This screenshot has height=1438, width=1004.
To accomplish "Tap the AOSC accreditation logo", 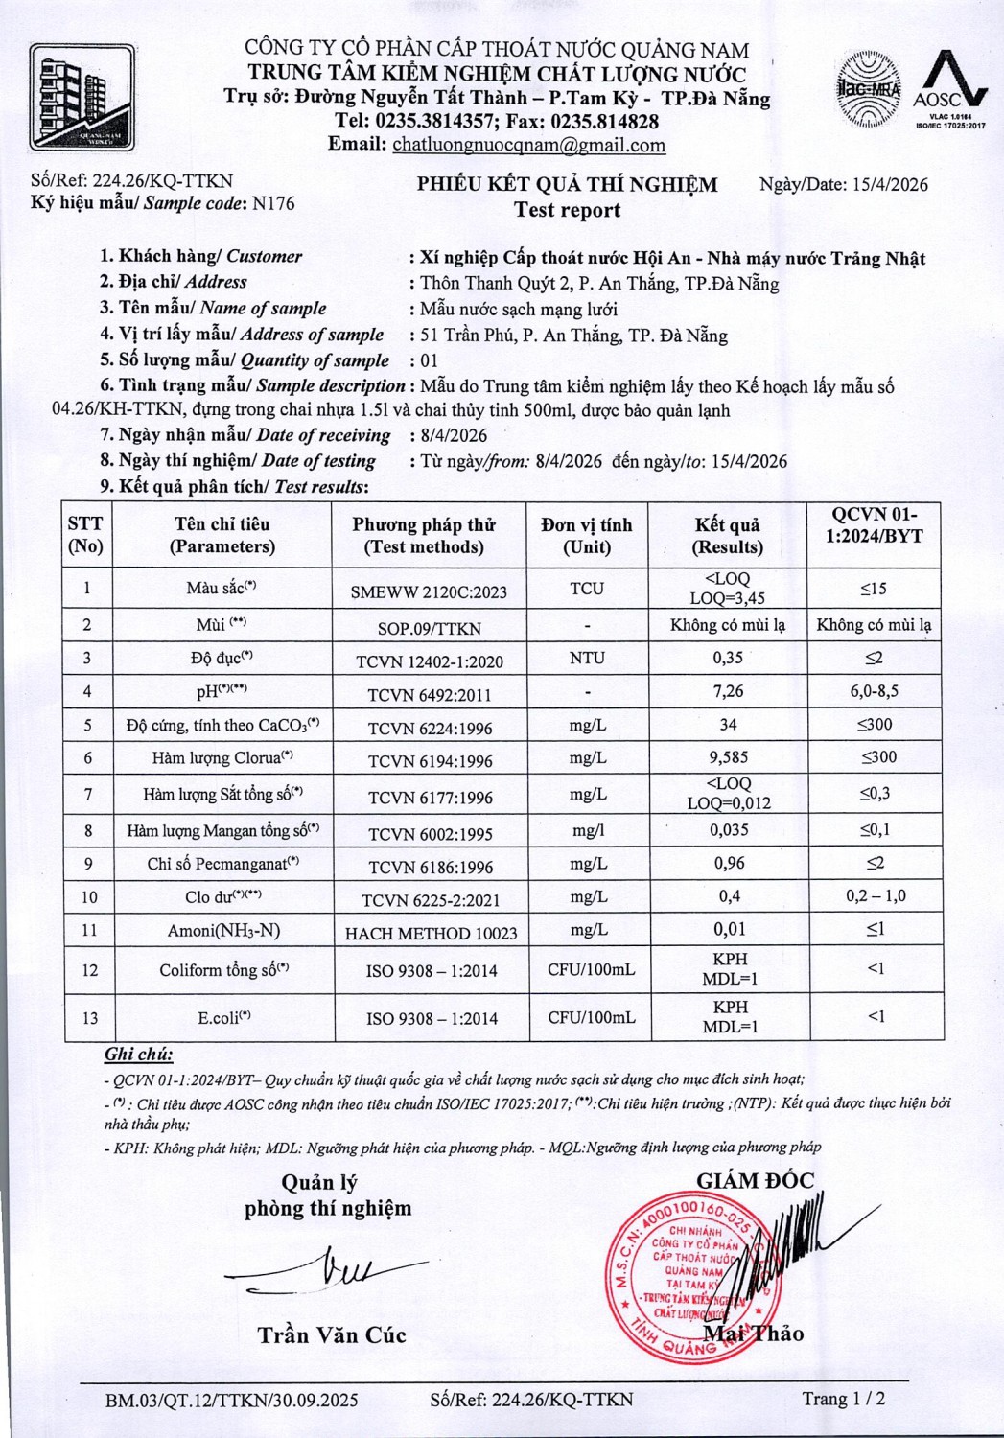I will (x=949, y=89).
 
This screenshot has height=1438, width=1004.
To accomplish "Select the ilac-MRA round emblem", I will (x=868, y=89).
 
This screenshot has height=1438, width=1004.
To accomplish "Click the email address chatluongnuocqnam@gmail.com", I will (x=529, y=146).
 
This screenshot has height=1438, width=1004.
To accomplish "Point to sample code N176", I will (x=272, y=203).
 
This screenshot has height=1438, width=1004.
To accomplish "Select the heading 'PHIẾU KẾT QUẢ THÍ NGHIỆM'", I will (x=567, y=185).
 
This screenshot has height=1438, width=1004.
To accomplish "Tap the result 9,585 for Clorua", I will (x=729, y=757).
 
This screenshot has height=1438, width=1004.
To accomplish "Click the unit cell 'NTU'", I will (x=587, y=659).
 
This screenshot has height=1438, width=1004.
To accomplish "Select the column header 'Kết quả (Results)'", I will (x=728, y=536).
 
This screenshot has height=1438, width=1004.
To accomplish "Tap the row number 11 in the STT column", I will (x=88, y=931).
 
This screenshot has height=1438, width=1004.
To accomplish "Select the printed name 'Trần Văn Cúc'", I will (x=332, y=1334).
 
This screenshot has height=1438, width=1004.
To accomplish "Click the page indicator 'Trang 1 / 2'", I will (x=844, y=1399).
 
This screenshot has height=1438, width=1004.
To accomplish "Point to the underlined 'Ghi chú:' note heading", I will (x=138, y=1055).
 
